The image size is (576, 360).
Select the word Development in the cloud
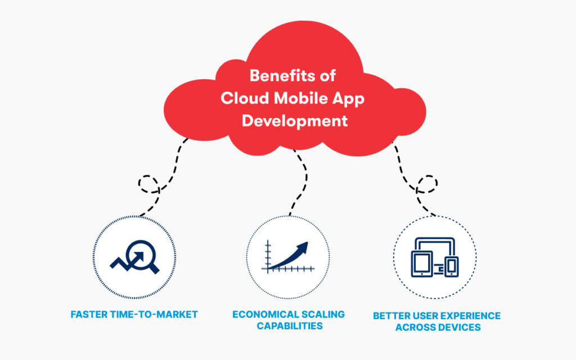[x=295, y=121]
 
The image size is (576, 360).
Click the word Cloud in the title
[x=245, y=98]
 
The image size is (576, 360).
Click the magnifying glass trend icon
[x=135, y=256]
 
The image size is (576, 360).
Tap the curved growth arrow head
[x=302, y=248]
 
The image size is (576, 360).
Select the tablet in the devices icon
[x=422, y=264]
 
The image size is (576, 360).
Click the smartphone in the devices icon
[x=452, y=267]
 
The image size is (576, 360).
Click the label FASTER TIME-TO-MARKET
[x=134, y=314]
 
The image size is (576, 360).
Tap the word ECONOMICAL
[x=260, y=314]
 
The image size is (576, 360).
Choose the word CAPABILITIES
[x=290, y=326]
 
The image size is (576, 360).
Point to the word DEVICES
[x=460, y=327]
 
